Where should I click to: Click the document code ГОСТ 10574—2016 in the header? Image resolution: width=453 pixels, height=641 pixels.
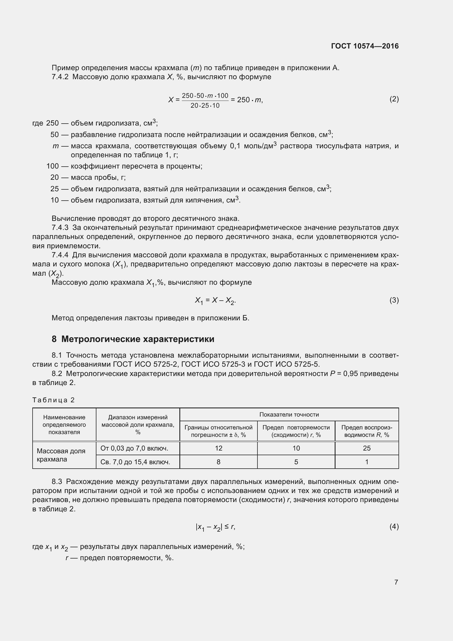coord(365,46)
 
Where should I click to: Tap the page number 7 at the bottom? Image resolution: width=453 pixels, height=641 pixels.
coord(396,582)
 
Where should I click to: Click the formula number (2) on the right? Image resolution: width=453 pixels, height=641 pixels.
coord(394,99)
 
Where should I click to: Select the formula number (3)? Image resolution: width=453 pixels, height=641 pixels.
coord(394,300)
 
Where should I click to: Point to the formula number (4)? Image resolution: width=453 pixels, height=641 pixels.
coord(394,526)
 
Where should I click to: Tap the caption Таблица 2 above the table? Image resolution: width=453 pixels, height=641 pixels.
coord(53,400)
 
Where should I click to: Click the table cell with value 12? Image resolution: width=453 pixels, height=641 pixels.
coord(218,448)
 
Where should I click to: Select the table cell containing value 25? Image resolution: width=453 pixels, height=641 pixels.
coord(366,448)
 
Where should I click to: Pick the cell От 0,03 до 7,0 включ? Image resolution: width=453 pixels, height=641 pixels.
coord(134,448)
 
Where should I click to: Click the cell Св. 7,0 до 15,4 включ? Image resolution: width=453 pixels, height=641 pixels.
coord(135,462)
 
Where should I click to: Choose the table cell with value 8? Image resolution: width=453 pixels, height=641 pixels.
coord(218,462)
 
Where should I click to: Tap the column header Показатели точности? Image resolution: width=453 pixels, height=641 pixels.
coord(289,415)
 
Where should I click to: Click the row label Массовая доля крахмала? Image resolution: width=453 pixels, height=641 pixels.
coord(61,455)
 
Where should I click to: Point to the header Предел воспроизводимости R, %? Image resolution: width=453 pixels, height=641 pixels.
coord(366,431)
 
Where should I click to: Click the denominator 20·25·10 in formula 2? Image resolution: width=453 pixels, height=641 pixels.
coord(205,106)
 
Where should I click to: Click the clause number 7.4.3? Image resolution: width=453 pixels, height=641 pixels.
coord(60,227)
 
